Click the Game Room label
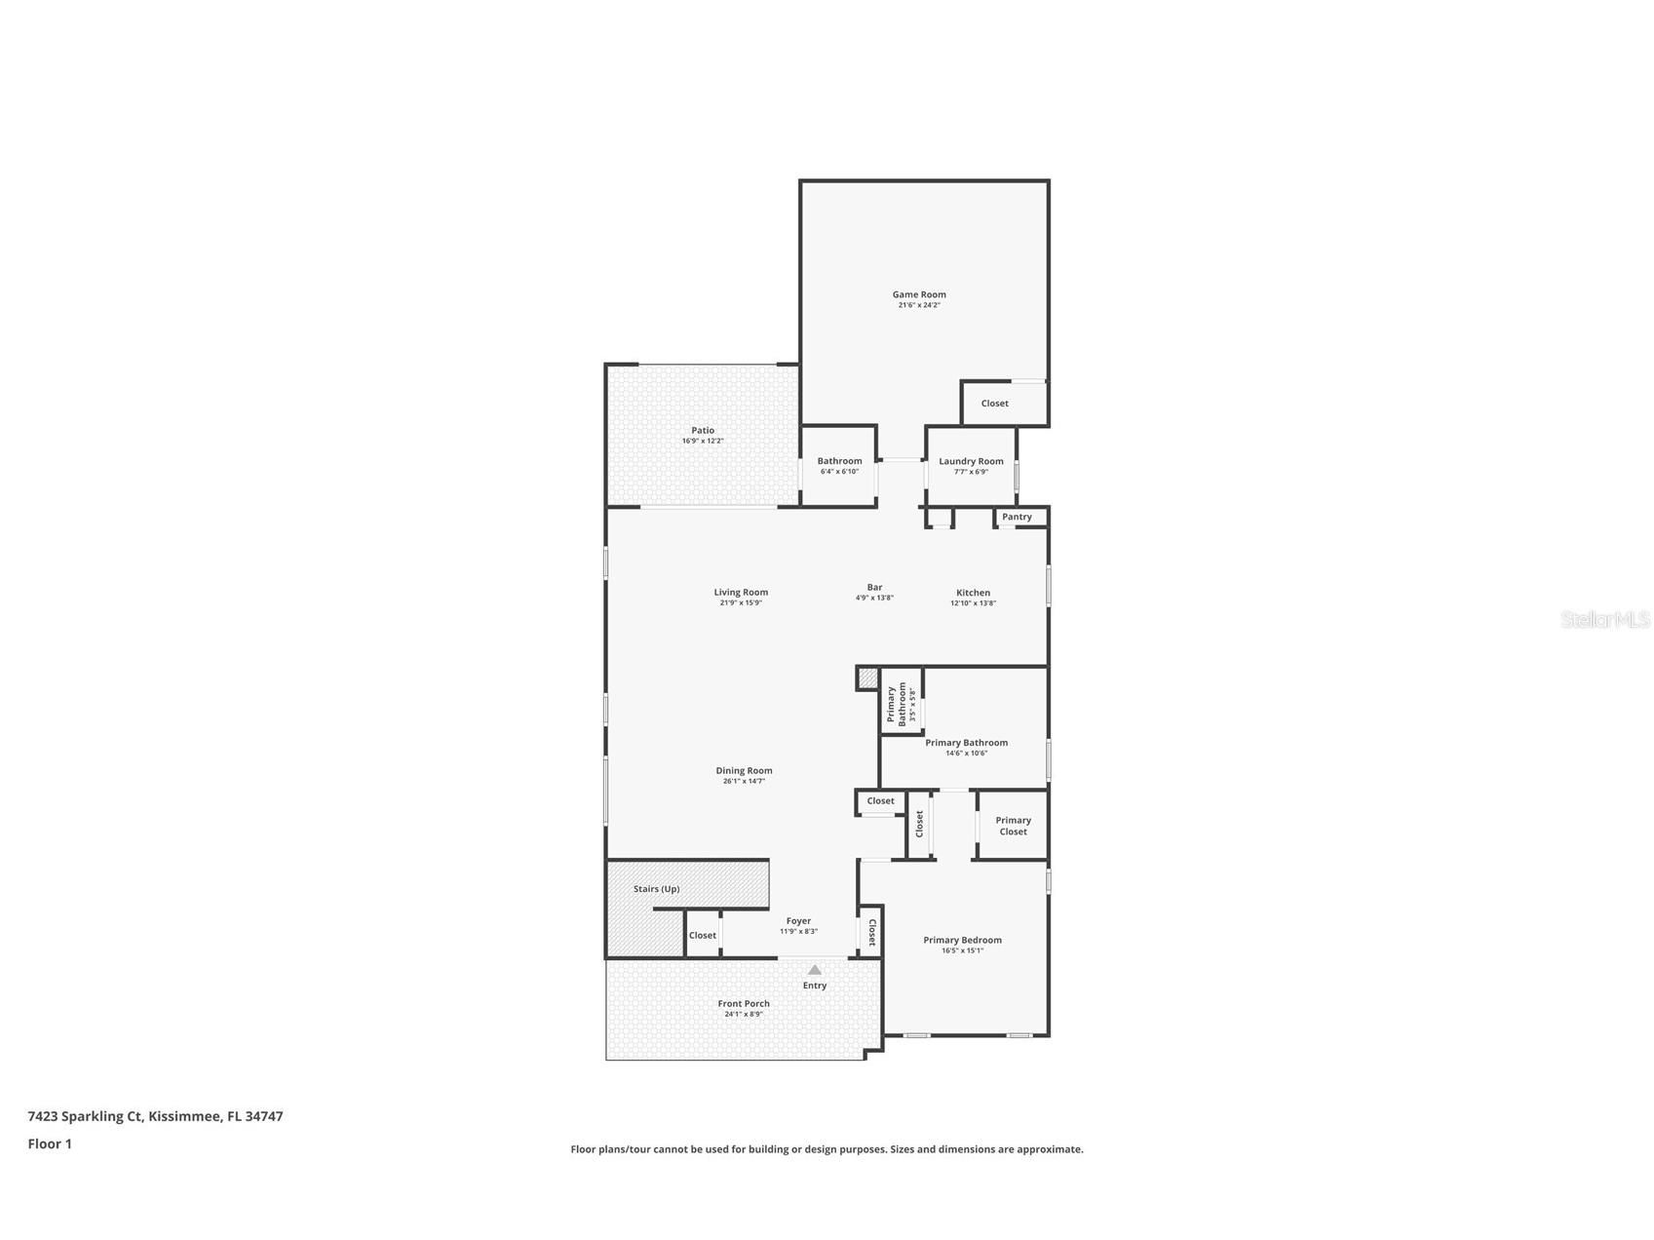click(x=919, y=294)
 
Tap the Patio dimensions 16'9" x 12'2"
click(x=703, y=441)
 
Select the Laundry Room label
click(x=971, y=461)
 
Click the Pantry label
click(x=1017, y=517)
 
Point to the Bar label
click(x=874, y=587)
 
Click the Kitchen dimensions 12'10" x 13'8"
click(x=973, y=603)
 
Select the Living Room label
click(x=741, y=592)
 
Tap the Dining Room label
click(x=744, y=770)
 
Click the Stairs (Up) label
click(x=656, y=889)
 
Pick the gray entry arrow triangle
click(x=815, y=970)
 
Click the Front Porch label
click(x=744, y=1003)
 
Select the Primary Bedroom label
click(x=962, y=940)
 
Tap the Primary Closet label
click(x=1013, y=826)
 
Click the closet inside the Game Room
click(x=994, y=404)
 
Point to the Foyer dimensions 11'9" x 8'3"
click(x=798, y=932)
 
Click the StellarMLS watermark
click(x=1604, y=619)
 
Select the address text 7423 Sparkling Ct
click(x=86, y=1116)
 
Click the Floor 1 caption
click(x=50, y=1143)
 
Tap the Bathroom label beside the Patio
click(x=839, y=461)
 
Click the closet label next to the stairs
click(x=702, y=935)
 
